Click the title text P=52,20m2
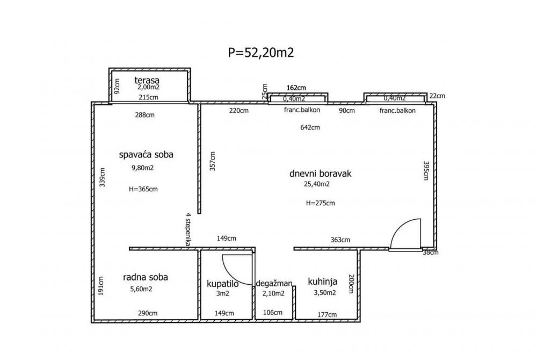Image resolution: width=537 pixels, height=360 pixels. pos(260,52)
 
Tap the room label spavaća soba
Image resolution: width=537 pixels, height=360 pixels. pos(146,155)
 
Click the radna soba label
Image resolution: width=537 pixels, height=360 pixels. pos(146,277)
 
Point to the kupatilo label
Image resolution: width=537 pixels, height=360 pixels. pos(222,283)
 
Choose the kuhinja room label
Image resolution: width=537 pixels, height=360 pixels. pos(322,281)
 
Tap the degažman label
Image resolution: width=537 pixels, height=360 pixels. pos(274,283)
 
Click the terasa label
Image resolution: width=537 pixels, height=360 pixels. pos(147,80)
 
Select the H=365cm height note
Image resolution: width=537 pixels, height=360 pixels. pos(143,189)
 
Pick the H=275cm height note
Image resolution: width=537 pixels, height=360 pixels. pos(321,203)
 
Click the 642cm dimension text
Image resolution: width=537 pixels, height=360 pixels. pos(310,127)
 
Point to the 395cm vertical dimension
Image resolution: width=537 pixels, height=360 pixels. pos(426,171)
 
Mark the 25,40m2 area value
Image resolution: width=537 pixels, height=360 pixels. pos(317,184)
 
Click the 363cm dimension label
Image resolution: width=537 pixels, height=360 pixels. pos(340,240)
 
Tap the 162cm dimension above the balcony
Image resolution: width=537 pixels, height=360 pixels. pos(296,88)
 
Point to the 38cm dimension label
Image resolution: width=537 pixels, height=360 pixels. pos(431,252)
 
